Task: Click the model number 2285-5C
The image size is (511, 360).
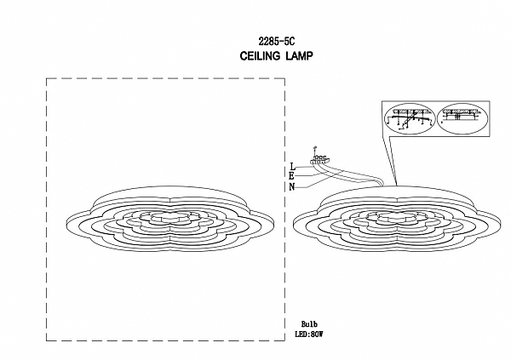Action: coord(276,42)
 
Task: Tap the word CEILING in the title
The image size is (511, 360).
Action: coord(260,56)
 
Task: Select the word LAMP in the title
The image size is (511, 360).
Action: coord(299,56)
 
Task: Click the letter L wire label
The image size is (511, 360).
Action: coord(292,167)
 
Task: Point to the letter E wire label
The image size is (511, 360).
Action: coord(291,176)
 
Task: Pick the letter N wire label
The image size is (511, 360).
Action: coord(292,187)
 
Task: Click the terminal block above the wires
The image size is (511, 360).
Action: coord(321,160)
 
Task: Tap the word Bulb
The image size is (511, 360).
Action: coord(309,324)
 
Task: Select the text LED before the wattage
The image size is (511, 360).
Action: coord(301,334)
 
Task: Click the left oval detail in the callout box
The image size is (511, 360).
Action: coord(411,118)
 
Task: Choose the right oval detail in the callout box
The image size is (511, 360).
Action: coord(462,118)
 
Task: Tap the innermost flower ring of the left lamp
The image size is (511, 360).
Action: coord(169,217)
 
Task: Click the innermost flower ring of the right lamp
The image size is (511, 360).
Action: coord(396,217)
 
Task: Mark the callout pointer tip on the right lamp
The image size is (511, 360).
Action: coord(397,186)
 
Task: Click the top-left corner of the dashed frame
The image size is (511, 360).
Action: coord(47,78)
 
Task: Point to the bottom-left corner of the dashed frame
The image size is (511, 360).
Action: coord(47,340)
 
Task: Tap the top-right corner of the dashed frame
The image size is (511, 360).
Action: coord(284,78)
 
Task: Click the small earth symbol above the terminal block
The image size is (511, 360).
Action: coord(314,149)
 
